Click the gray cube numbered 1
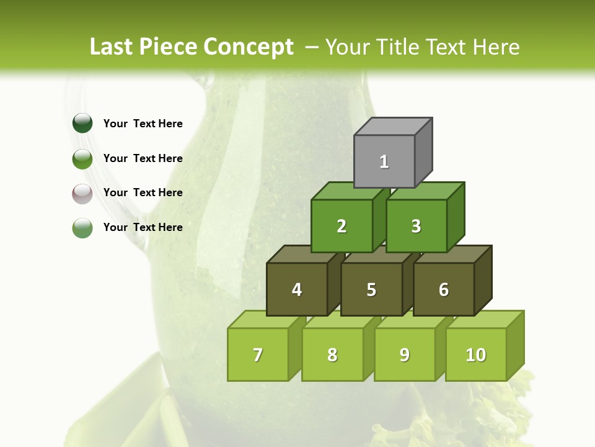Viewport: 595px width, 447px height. (384, 161)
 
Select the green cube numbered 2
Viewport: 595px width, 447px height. (342, 226)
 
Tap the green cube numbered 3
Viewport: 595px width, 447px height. (416, 226)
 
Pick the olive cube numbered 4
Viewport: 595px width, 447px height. (297, 289)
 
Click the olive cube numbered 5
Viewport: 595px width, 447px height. (371, 289)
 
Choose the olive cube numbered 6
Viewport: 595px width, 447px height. (444, 289)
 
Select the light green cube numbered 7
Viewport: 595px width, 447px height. (258, 354)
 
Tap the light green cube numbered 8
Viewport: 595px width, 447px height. (332, 354)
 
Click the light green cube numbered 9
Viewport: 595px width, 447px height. (405, 354)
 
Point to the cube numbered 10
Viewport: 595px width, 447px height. (476, 354)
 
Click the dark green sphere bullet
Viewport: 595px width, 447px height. (82, 124)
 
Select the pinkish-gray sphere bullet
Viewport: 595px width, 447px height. (82, 193)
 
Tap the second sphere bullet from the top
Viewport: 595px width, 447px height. (82, 158)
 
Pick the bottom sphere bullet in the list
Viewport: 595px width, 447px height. (82, 228)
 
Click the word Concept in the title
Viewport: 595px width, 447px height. (248, 47)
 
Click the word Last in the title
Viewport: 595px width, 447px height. (111, 47)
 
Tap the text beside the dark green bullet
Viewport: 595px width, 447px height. (143, 124)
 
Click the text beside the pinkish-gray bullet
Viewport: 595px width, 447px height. (143, 192)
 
